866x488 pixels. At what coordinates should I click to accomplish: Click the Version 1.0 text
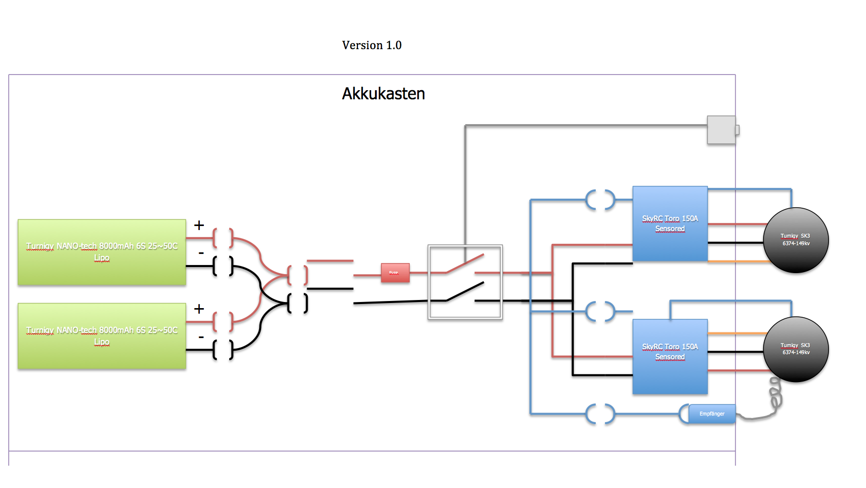372,45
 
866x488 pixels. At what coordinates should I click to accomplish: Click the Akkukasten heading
383,94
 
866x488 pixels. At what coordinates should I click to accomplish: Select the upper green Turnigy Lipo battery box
102,252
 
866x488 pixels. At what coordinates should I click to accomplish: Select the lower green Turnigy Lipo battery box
102,336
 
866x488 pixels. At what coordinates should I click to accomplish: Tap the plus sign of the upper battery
199,225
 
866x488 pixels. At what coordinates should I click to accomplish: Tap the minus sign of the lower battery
201,337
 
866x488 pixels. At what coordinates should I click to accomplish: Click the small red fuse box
395,273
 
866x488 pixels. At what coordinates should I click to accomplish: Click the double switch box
465,282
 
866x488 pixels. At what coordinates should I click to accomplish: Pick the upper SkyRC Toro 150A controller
670,223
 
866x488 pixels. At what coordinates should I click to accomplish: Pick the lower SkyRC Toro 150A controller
670,357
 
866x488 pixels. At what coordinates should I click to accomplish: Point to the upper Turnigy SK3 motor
796,240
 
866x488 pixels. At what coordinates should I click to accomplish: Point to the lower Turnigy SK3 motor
796,349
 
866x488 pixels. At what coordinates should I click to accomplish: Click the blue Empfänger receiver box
712,414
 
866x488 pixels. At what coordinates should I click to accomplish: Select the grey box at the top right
721,130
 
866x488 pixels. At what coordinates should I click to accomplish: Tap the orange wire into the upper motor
735,261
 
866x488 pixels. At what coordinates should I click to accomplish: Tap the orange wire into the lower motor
735,333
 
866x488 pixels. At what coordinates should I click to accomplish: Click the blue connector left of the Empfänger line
600,414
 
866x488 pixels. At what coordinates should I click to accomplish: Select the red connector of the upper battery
223,238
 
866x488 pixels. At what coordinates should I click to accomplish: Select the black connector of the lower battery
223,350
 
